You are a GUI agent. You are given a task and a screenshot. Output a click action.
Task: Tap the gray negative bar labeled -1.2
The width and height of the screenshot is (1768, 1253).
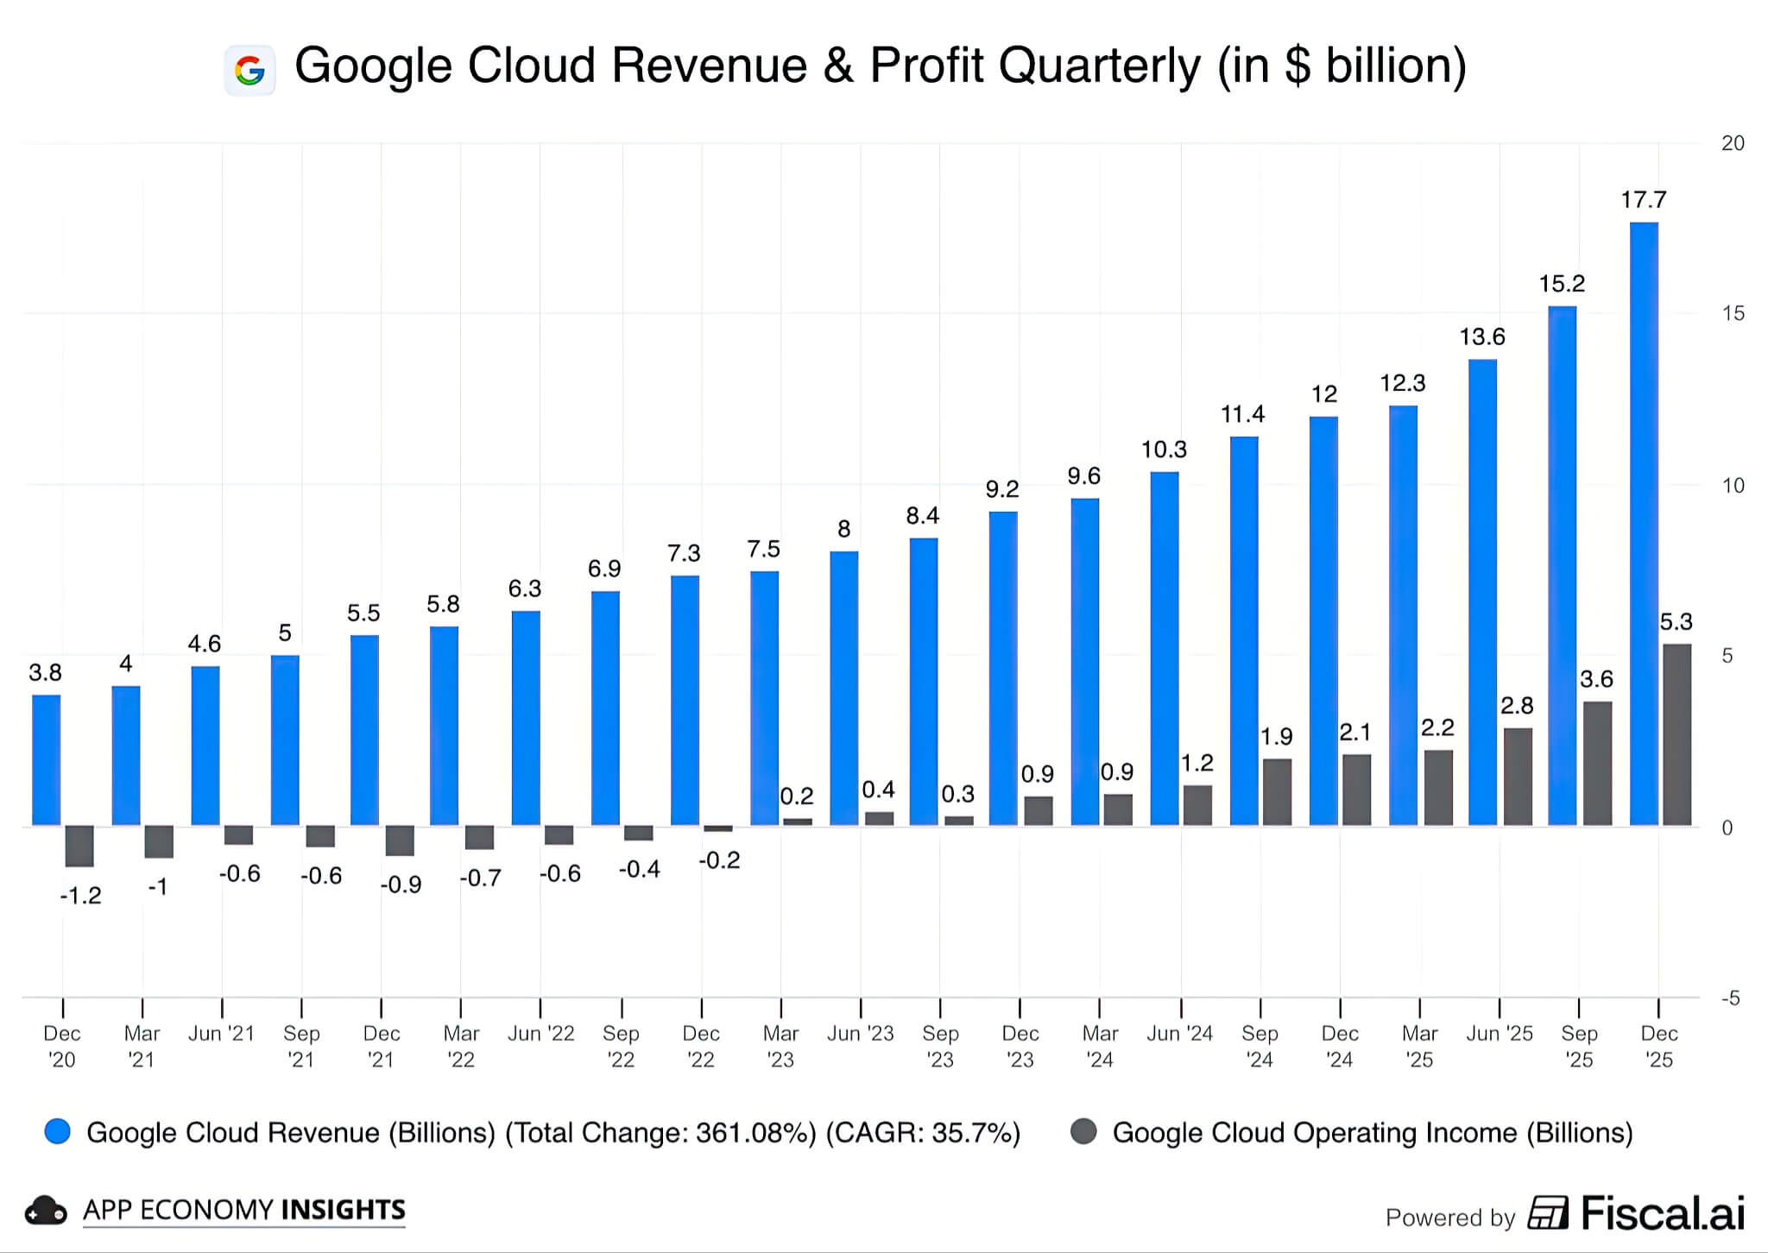click(79, 846)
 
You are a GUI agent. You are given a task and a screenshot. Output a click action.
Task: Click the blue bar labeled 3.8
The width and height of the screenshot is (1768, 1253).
click(47, 760)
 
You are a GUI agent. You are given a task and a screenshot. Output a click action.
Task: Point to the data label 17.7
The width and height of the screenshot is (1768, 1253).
click(1643, 200)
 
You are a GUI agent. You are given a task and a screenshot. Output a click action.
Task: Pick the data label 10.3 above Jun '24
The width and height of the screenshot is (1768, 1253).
click(1164, 450)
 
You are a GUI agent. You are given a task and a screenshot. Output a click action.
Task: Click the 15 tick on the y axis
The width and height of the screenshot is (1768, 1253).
click(1733, 314)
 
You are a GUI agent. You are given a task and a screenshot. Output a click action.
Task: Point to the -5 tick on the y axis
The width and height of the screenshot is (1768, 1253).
click(1730, 998)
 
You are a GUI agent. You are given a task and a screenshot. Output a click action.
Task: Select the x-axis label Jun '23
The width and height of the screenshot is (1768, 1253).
click(860, 1034)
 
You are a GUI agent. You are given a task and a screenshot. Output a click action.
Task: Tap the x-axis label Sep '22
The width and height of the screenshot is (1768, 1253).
click(621, 1046)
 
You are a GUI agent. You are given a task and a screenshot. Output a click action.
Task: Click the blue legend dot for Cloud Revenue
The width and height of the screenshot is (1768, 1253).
click(58, 1132)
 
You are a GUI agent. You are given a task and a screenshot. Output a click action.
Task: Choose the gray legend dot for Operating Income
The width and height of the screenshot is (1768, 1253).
click(1083, 1132)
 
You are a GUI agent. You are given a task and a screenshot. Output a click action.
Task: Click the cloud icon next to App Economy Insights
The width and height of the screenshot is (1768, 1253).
click(46, 1212)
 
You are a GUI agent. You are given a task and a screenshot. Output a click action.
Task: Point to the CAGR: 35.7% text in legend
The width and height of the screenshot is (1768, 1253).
click(923, 1133)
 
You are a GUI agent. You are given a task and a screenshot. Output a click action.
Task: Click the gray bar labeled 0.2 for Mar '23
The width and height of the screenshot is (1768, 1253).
click(797, 822)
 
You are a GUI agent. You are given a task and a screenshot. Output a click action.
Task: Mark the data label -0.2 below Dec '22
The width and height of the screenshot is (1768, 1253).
click(719, 860)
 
